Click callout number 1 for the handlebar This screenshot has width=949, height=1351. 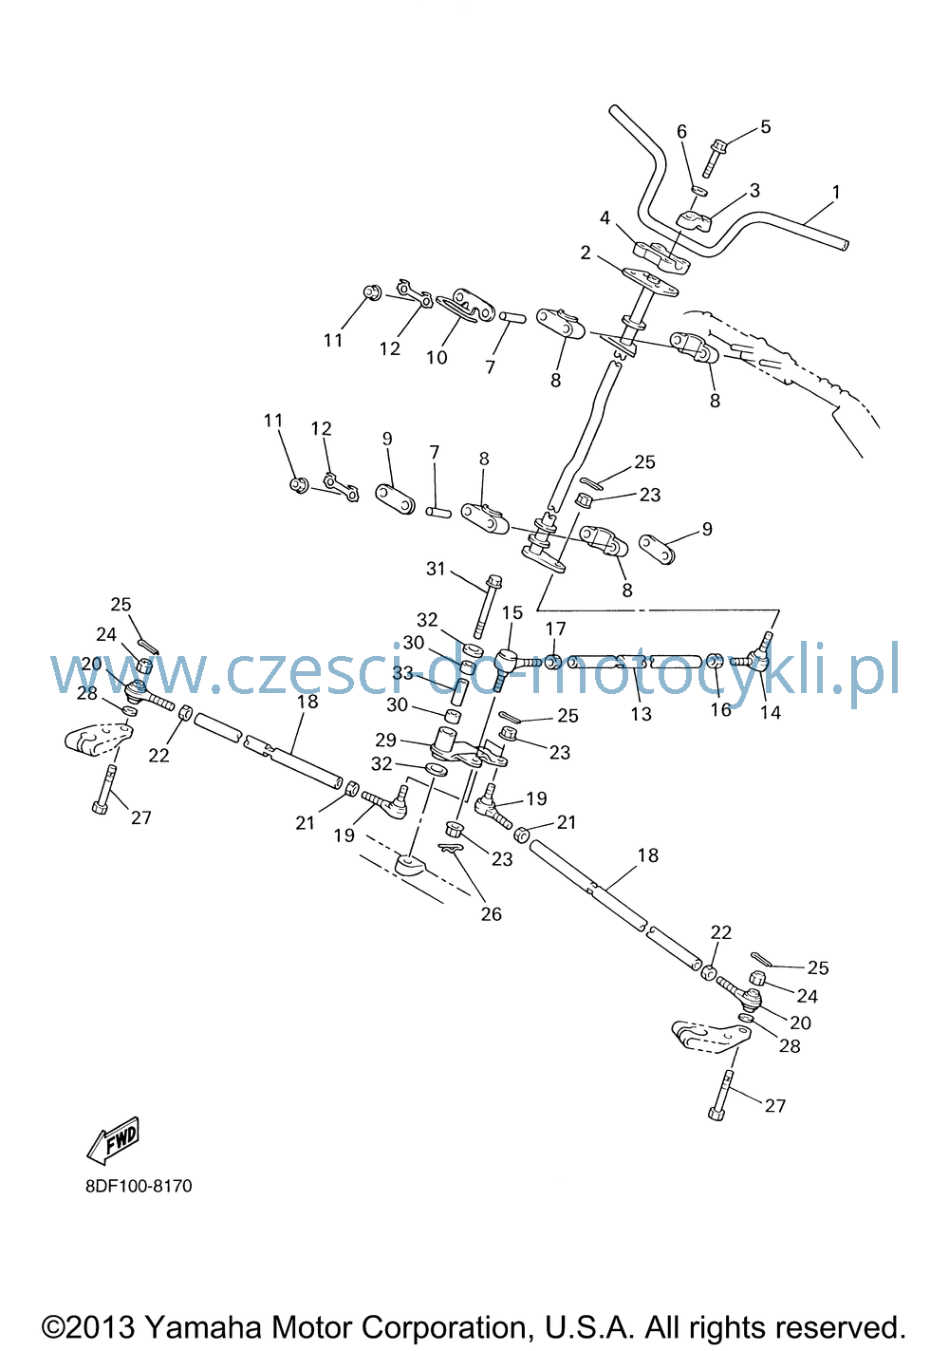point(836,192)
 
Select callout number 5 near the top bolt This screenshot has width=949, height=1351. point(765,126)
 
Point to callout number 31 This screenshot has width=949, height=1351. point(436,568)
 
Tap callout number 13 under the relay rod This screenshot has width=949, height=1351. point(641,714)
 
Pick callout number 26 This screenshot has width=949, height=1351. point(491,913)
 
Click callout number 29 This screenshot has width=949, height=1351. point(386,740)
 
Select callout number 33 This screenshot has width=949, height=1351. point(402,672)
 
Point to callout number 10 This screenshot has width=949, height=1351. point(437,357)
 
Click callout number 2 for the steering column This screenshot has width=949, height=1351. point(586,253)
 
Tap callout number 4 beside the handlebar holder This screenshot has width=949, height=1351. point(605,217)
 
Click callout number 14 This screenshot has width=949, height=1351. point(770,712)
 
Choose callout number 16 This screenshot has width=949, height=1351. point(720,710)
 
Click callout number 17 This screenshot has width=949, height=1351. point(555,629)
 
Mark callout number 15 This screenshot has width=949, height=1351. point(512,612)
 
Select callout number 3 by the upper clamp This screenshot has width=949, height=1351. point(754,191)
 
